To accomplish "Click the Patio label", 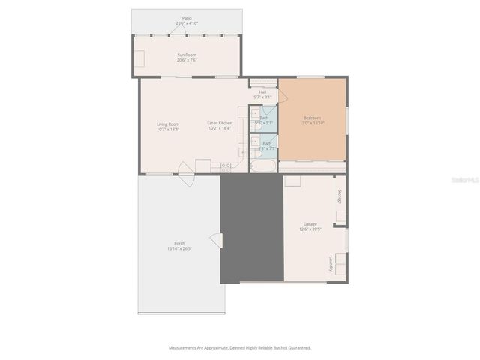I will tap(187, 20).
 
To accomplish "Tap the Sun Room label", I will tap(187, 57).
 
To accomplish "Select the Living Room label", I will tap(167, 126).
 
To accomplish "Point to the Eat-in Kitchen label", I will tap(220, 126).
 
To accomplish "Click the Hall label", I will tap(262, 94).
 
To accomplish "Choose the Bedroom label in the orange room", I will tap(312, 120).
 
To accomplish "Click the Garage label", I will tap(310, 226).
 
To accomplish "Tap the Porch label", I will tap(180, 246).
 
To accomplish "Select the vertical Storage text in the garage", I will tap(340, 197).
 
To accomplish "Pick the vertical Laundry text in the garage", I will tap(331, 264).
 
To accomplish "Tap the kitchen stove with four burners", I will tap(224, 166).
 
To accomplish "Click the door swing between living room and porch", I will tap(187, 180).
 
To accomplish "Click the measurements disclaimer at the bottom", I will tap(239, 347).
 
